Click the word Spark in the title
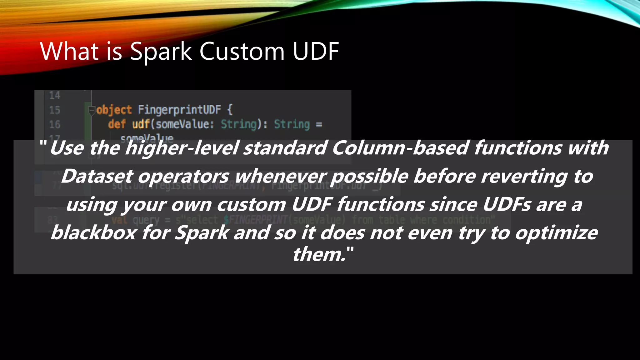tap(161, 52)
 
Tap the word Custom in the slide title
tap(242, 52)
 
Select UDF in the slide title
tap(316, 52)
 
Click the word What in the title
tap(69, 52)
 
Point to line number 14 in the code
tap(54, 95)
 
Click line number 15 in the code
tap(54, 110)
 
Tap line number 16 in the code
tap(54, 125)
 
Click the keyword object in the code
tap(114, 110)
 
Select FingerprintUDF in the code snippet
tap(179, 110)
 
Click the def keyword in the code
tap(117, 124)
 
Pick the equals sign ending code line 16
tap(318, 125)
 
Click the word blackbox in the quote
tap(93, 233)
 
